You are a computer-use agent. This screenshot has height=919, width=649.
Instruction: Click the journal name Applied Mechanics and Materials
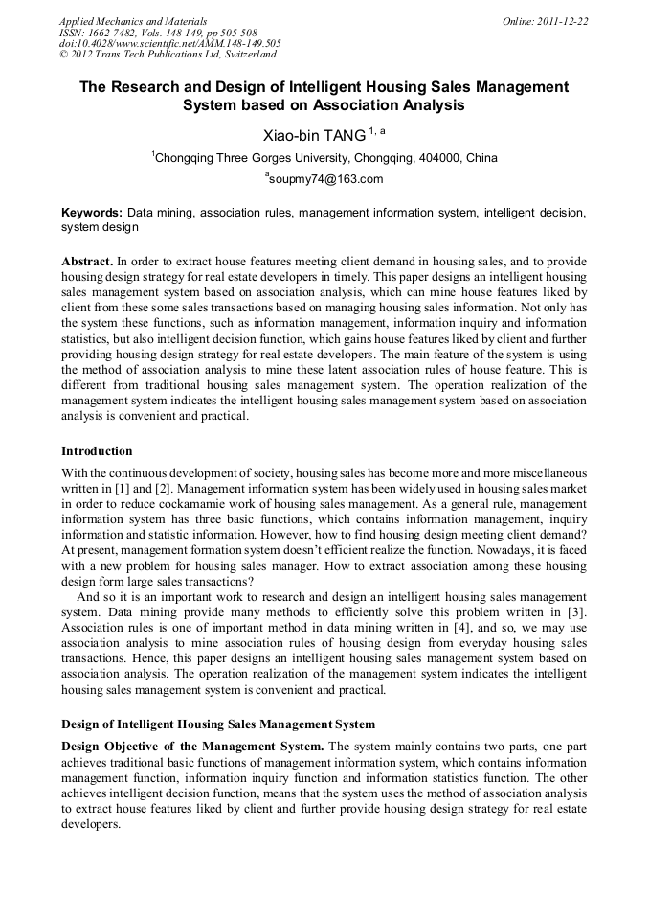pyautogui.click(x=133, y=20)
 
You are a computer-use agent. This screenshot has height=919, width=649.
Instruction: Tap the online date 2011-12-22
pyautogui.click(x=566, y=20)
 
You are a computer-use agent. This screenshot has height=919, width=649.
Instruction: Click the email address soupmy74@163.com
pyautogui.click(x=326, y=179)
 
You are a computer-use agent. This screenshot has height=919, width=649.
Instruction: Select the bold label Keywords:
pyautogui.click(x=92, y=212)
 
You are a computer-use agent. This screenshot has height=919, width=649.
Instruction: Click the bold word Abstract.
pyautogui.click(x=87, y=262)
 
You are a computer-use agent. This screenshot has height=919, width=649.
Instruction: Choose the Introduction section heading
pyautogui.click(x=97, y=450)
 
